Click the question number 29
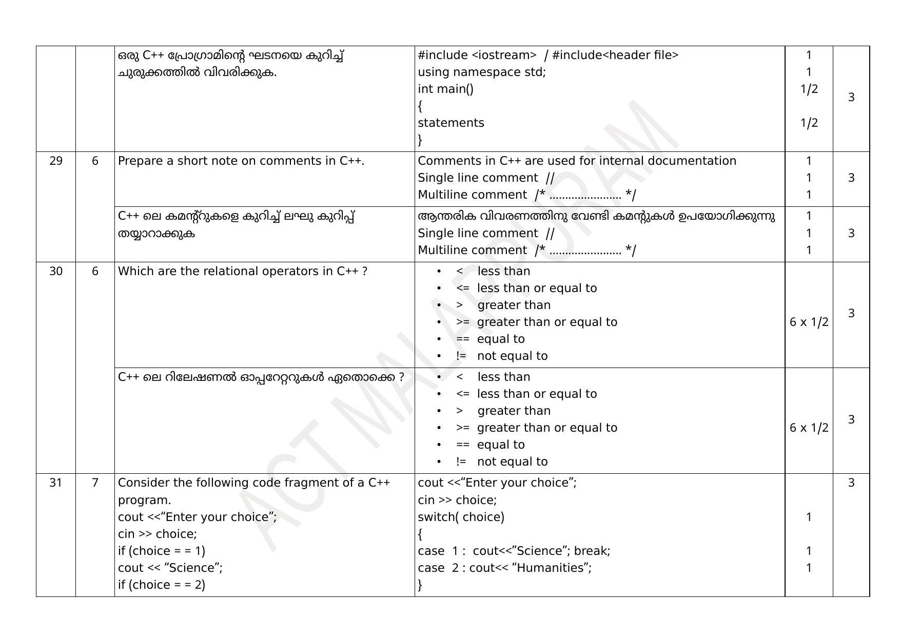pyautogui.click(x=56, y=161)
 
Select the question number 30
pyautogui.click(x=56, y=272)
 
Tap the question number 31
pyautogui.click(x=56, y=483)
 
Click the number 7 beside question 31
pyautogui.click(x=95, y=483)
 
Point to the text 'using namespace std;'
pyautogui.click(x=482, y=72)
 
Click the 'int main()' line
pyautogui.click(x=445, y=89)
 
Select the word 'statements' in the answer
pyautogui.click(x=451, y=123)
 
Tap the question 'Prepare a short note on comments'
pyautogui.click(x=241, y=161)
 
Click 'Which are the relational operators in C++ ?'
pyautogui.click(x=243, y=272)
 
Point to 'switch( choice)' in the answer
pyautogui.click(x=461, y=517)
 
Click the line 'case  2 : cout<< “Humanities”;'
pyautogui.click(x=504, y=568)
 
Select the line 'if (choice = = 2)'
pyautogui.click(x=162, y=585)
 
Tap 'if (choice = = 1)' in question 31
pyautogui.click(x=162, y=551)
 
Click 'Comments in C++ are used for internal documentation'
pyautogui.click(x=577, y=161)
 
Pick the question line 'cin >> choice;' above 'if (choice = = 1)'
pyautogui.click(x=158, y=534)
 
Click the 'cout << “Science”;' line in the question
pyautogui.click(x=170, y=568)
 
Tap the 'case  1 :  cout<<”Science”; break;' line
pyautogui.click(x=514, y=551)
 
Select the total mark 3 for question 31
pyautogui.click(x=851, y=483)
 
